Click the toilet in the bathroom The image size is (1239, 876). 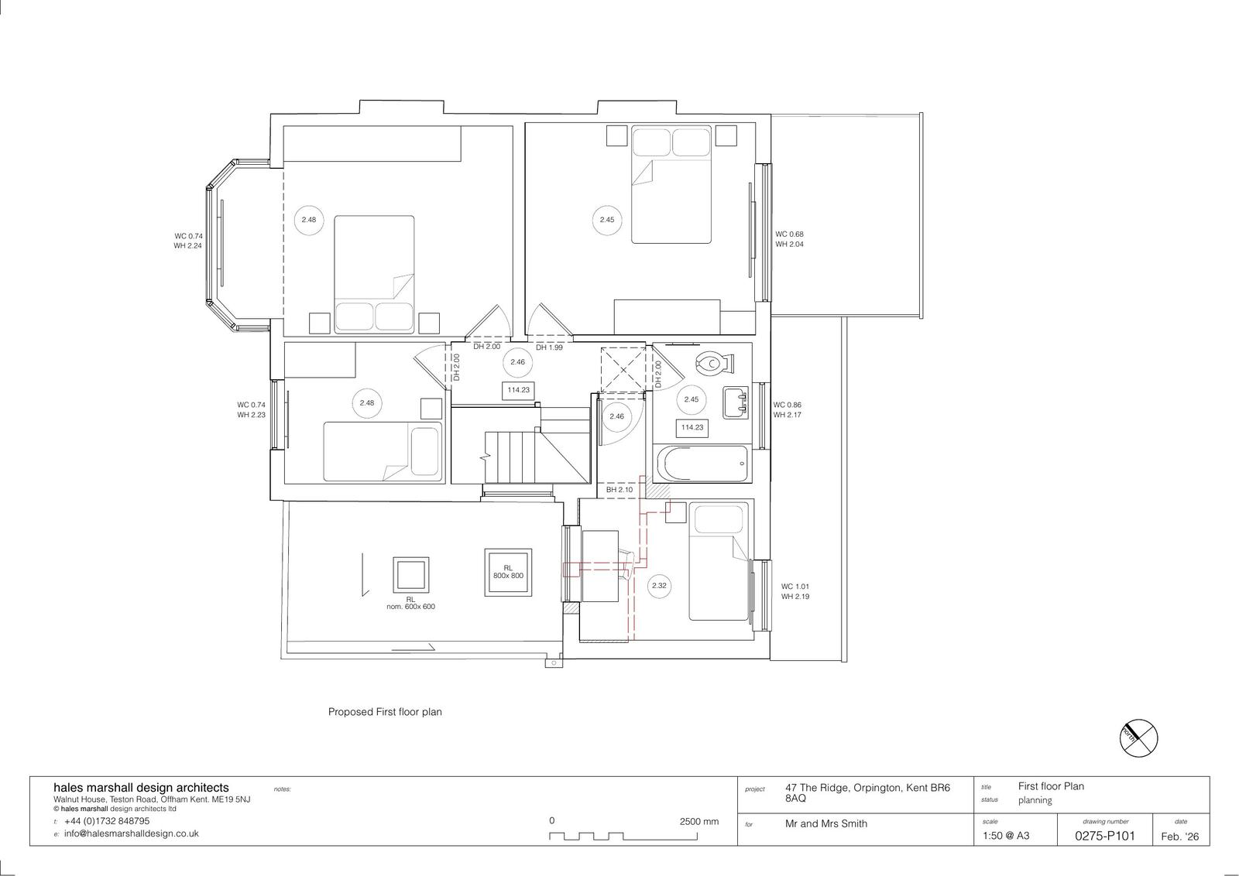(715, 364)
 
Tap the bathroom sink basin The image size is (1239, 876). (736, 402)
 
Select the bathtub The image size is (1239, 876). (702, 464)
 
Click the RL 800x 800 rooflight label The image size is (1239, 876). (508, 572)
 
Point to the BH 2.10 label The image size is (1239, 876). (619, 490)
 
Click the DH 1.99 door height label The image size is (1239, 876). (549, 347)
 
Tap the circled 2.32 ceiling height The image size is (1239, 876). (659, 585)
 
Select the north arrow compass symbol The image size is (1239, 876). (1138, 738)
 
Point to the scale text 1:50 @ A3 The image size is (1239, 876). (1006, 836)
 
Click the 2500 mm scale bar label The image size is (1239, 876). (698, 821)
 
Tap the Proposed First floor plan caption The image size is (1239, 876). (385, 712)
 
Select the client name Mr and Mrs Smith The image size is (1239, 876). (825, 823)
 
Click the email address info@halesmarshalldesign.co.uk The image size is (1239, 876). (131, 833)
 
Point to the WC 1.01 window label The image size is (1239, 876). (795, 587)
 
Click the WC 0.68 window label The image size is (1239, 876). (789, 234)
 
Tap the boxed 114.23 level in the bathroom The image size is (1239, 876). (692, 427)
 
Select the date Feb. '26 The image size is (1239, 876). (1180, 837)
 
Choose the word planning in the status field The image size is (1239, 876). (1035, 800)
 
